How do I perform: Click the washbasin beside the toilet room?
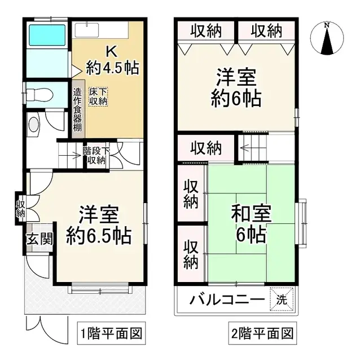coord(34,125)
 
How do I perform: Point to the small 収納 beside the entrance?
coord(20,208)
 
